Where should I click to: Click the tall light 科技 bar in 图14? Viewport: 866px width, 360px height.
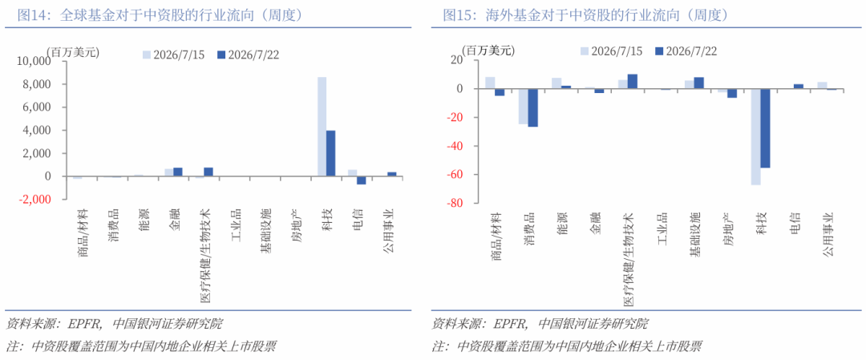[x=322, y=127]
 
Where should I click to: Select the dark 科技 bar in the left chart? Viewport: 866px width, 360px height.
[x=331, y=153]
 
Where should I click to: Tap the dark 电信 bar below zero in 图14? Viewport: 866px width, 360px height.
[x=361, y=180]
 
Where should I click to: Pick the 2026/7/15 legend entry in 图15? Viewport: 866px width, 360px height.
[x=611, y=51]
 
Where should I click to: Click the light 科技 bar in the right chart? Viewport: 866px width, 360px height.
[x=756, y=137]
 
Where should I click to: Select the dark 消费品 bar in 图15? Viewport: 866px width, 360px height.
[x=533, y=107]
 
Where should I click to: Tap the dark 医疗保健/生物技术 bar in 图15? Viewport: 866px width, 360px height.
[x=633, y=82]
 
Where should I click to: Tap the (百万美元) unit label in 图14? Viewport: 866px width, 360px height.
[x=73, y=52]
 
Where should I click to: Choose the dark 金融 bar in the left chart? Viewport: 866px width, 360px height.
[x=177, y=172]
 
